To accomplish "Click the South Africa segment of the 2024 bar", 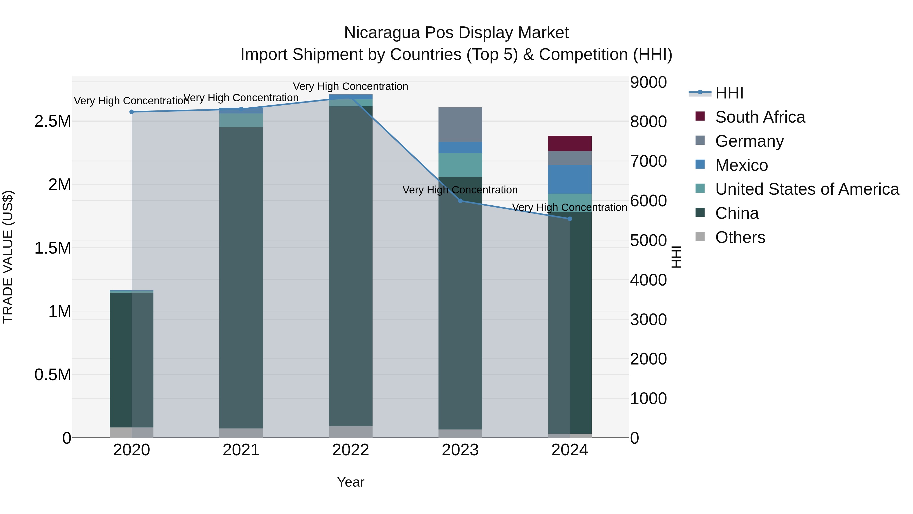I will click(570, 143).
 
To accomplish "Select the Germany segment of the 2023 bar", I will click(460, 125).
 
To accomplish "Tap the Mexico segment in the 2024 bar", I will click(570, 179).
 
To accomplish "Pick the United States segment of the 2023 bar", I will click(460, 165).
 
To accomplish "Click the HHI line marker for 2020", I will click(131, 112).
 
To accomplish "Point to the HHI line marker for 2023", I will click(460, 201).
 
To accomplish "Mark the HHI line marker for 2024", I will click(570, 219).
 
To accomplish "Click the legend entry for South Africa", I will click(760, 117).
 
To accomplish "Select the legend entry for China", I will click(736, 213).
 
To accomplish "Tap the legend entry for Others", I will click(740, 237).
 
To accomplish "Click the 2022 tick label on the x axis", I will click(350, 450).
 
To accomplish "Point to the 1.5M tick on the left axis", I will click(53, 248).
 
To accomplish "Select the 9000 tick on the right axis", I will click(648, 82).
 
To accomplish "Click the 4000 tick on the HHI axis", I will click(648, 280).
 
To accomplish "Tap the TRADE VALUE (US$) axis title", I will click(8, 257).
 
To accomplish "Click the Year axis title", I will click(350, 482).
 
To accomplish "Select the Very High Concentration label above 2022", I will click(350, 86).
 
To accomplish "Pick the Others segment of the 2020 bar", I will click(131, 433).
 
